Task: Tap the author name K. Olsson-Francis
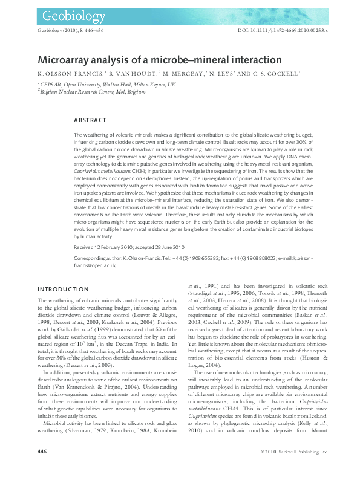pyautogui.click(x=69, y=74)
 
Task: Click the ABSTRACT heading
pyautogui.click(x=90, y=120)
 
